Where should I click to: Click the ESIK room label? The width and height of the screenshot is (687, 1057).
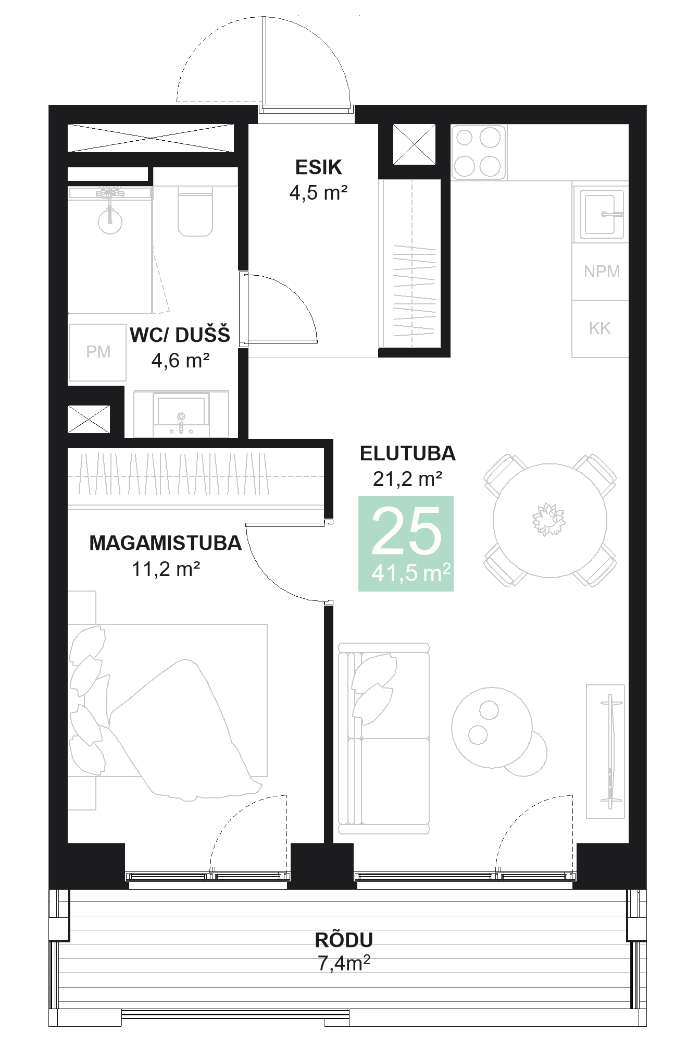tap(318, 167)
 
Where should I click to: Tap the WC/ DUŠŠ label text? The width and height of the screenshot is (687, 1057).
tap(180, 335)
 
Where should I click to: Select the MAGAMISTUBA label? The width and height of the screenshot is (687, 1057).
tap(165, 543)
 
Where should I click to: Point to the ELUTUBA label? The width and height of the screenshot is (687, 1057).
tap(407, 453)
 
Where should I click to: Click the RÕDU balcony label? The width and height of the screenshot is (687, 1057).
tap(344, 940)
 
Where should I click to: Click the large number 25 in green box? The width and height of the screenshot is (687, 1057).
tap(406, 532)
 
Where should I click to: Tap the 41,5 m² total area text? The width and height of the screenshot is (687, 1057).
tap(410, 573)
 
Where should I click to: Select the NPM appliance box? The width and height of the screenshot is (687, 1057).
tap(601, 272)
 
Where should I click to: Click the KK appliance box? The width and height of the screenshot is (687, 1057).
tap(599, 328)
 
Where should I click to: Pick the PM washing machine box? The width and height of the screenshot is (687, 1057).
tap(98, 352)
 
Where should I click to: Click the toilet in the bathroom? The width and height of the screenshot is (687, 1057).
tap(195, 214)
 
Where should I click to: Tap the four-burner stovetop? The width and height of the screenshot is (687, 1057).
tap(478, 152)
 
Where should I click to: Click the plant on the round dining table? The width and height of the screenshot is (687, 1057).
tap(548, 519)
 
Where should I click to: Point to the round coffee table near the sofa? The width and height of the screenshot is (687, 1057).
tap(492, 727)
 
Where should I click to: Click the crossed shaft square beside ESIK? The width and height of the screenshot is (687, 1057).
tap(414, 144)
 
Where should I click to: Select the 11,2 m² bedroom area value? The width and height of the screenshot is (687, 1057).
tap(166, 569)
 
